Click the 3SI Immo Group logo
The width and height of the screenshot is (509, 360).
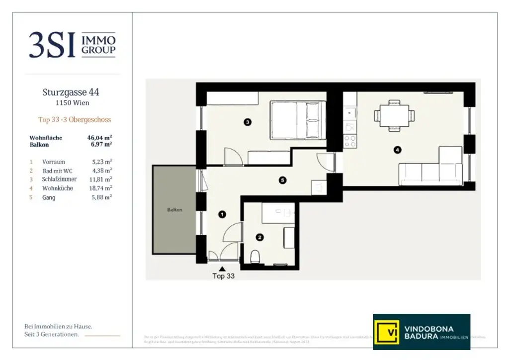[x=72, y=45]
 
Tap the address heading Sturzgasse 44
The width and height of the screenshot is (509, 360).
[x=71, y=92]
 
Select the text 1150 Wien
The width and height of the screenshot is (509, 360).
[x=72, y=103]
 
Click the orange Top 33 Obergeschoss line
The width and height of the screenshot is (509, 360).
[x=75, y=120]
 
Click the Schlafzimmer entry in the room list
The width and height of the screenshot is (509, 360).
[x=60, y=179]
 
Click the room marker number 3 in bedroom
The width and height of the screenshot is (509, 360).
[x=248, y=121]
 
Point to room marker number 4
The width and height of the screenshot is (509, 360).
[x=397, y=150]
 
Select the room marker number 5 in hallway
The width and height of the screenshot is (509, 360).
[x=283, y=180]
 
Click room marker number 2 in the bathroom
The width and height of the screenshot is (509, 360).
[x=259, y=238]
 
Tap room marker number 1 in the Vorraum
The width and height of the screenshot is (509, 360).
[x=222, y=214]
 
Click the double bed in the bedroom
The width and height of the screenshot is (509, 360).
[x=297, y=120]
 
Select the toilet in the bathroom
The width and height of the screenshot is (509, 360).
[x=255, y=257]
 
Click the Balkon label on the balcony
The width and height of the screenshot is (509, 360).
[x=174, y=210]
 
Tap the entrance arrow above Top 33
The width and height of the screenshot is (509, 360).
[x=222, y=269]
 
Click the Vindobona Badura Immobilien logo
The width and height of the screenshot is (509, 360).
[x=422, y=332]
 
